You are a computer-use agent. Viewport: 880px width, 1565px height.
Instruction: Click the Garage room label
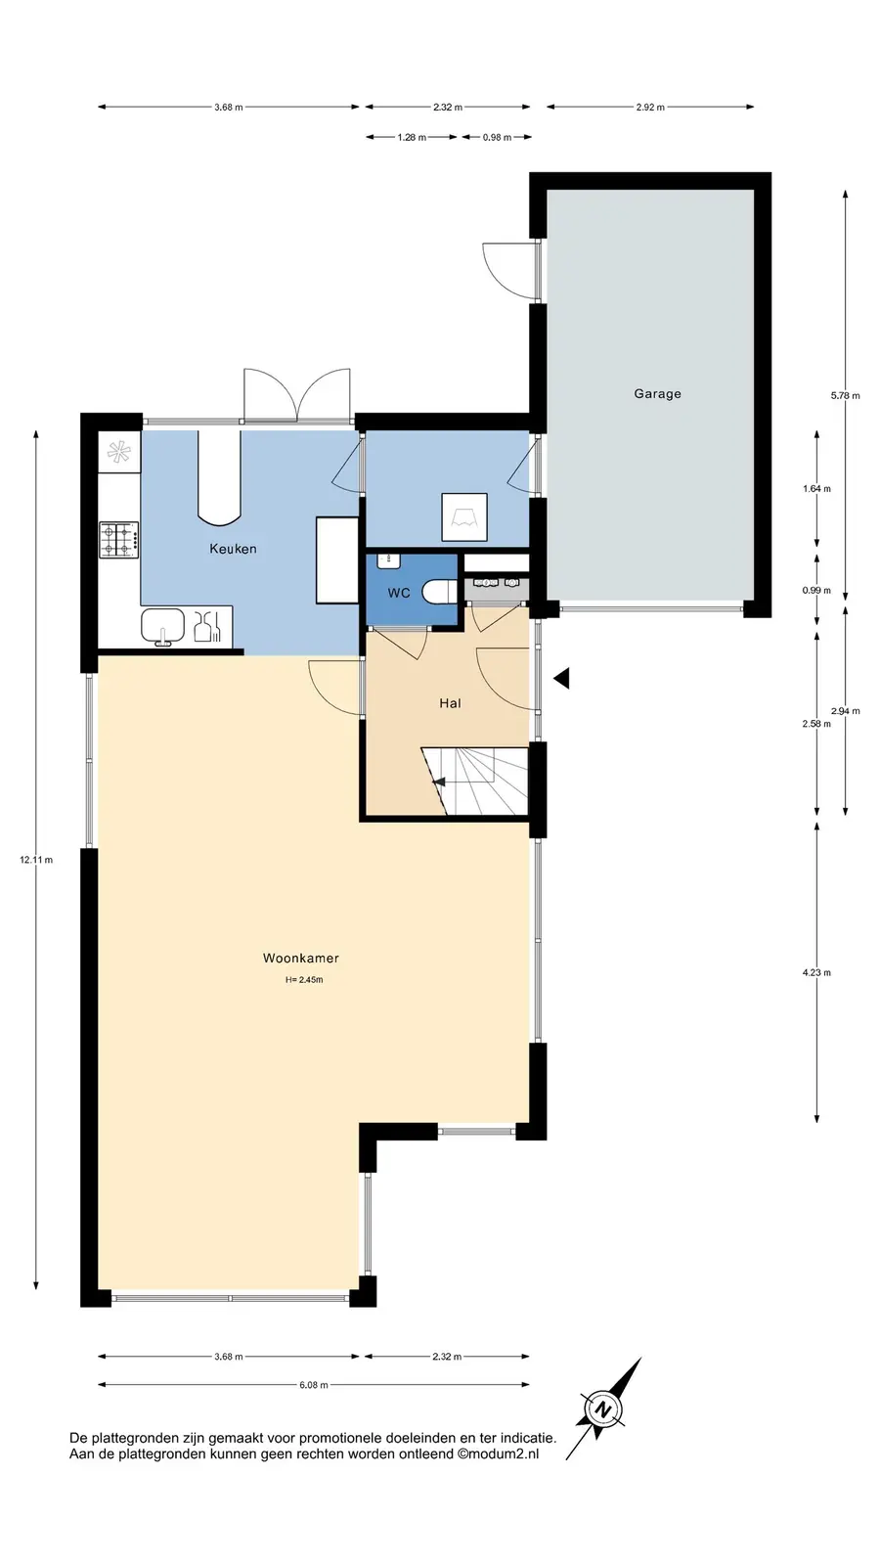[657, 394]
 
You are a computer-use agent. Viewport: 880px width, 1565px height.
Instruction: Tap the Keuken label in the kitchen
[234, 549]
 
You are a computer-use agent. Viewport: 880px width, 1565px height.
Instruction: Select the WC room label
[399, 593]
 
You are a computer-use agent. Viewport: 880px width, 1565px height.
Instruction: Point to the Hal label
[450, 703]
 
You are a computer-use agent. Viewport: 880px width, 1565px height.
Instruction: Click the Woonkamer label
[301, 958]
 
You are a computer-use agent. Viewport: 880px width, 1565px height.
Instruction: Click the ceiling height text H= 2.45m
[304, 979]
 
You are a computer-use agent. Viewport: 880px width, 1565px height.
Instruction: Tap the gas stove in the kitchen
[118, 540]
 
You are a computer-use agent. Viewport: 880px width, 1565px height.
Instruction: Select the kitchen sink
[163, 626]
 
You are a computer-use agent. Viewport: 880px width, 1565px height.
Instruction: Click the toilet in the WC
[440, 591]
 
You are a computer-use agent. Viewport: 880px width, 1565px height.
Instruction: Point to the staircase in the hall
[475, 782]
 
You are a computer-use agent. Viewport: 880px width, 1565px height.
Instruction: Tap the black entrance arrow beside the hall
[561, 678]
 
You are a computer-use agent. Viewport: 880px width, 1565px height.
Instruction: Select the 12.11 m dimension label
[36, 860]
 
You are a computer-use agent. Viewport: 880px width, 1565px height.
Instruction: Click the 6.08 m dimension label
[314, 1385]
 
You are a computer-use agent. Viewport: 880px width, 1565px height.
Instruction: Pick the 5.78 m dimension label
[845, 395]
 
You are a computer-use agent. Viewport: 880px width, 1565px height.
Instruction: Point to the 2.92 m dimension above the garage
[650, 108]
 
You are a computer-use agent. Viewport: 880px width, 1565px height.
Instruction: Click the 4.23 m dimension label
[816, 972]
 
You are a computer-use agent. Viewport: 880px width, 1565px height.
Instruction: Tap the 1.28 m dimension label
[412, 138]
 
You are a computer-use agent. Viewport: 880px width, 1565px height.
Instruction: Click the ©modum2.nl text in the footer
[498, 1453]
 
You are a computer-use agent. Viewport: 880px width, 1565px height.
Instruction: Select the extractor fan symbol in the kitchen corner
[118, 452]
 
